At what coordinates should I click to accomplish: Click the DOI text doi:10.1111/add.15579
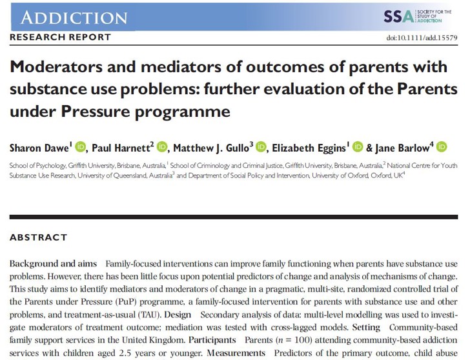[422, 38]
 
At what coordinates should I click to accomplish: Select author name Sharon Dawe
[37, 148]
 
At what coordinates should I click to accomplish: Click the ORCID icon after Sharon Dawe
[80, 148]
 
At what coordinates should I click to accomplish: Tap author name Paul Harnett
[120, 148]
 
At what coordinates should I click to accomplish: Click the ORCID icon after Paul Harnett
[162, 148]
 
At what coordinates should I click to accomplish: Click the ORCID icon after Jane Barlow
[442, 148]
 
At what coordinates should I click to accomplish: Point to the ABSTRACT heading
[38, 237]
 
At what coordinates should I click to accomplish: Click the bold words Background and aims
[53, 264]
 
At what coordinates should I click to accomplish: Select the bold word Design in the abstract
[178, 315]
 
